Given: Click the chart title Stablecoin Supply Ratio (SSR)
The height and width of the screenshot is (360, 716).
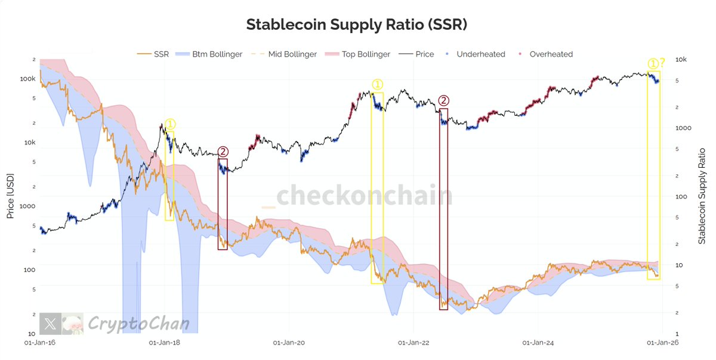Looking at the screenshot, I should coord(357,24).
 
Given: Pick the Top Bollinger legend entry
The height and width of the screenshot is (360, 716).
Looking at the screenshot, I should coord(365,54).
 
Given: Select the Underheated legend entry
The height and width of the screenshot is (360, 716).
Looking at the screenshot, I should coord(480,54).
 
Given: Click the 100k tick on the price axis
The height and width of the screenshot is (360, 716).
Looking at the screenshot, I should coord(27,79).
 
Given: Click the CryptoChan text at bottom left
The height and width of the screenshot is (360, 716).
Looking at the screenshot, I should coord(138,324).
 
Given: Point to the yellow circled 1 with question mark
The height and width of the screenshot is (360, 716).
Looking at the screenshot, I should coord(656,63).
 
